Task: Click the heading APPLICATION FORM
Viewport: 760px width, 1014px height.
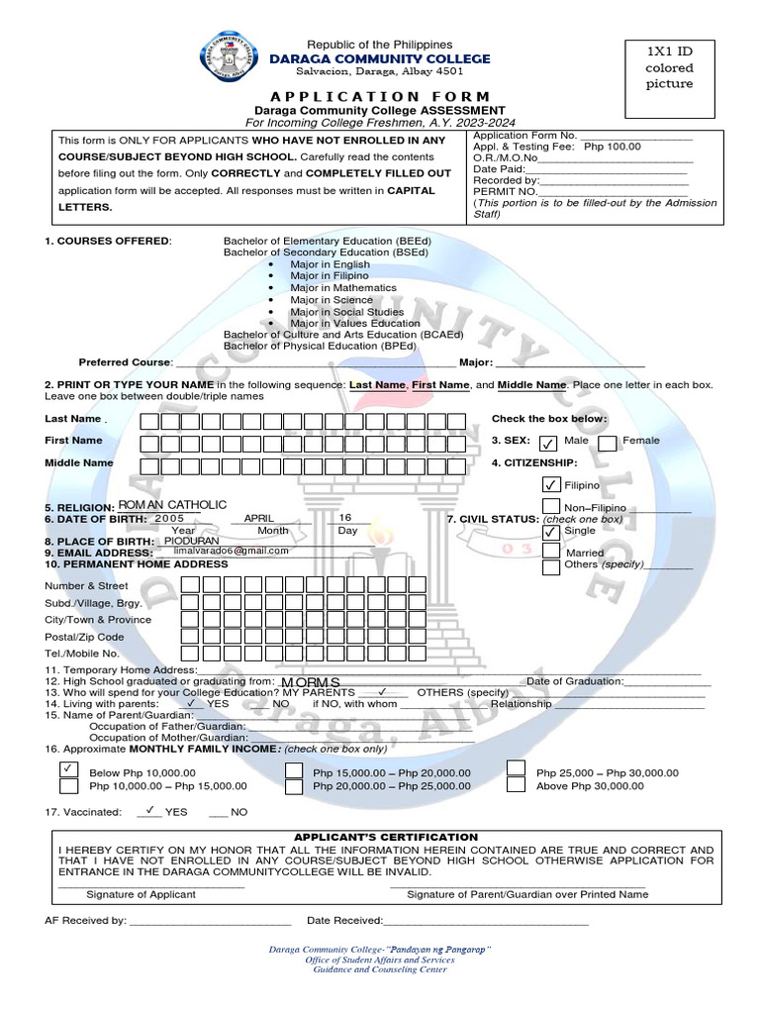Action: tap(380, 96)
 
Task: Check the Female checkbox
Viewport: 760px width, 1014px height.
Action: tap(608, 443)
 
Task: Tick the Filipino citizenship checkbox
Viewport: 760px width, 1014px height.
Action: tap(551, 485)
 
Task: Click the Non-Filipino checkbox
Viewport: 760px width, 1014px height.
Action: tap(551, 508)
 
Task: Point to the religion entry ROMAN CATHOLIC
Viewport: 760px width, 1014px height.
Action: tap(172, 505)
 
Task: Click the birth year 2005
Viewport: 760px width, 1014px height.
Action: tap(169, 518)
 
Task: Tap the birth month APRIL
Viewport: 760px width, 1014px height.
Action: tap(258, 518)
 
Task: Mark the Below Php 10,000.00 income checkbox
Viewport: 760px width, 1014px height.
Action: tap(68, 769)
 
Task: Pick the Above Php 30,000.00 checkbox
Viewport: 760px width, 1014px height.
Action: tap(516, 784)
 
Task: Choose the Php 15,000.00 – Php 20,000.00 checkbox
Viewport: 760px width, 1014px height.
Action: tap(293, 769)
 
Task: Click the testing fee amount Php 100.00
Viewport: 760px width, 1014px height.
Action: tap(613, 147)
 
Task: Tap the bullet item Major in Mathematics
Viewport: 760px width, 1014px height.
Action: tap(330, 288)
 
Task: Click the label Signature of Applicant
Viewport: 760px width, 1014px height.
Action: tap(141, 894)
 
